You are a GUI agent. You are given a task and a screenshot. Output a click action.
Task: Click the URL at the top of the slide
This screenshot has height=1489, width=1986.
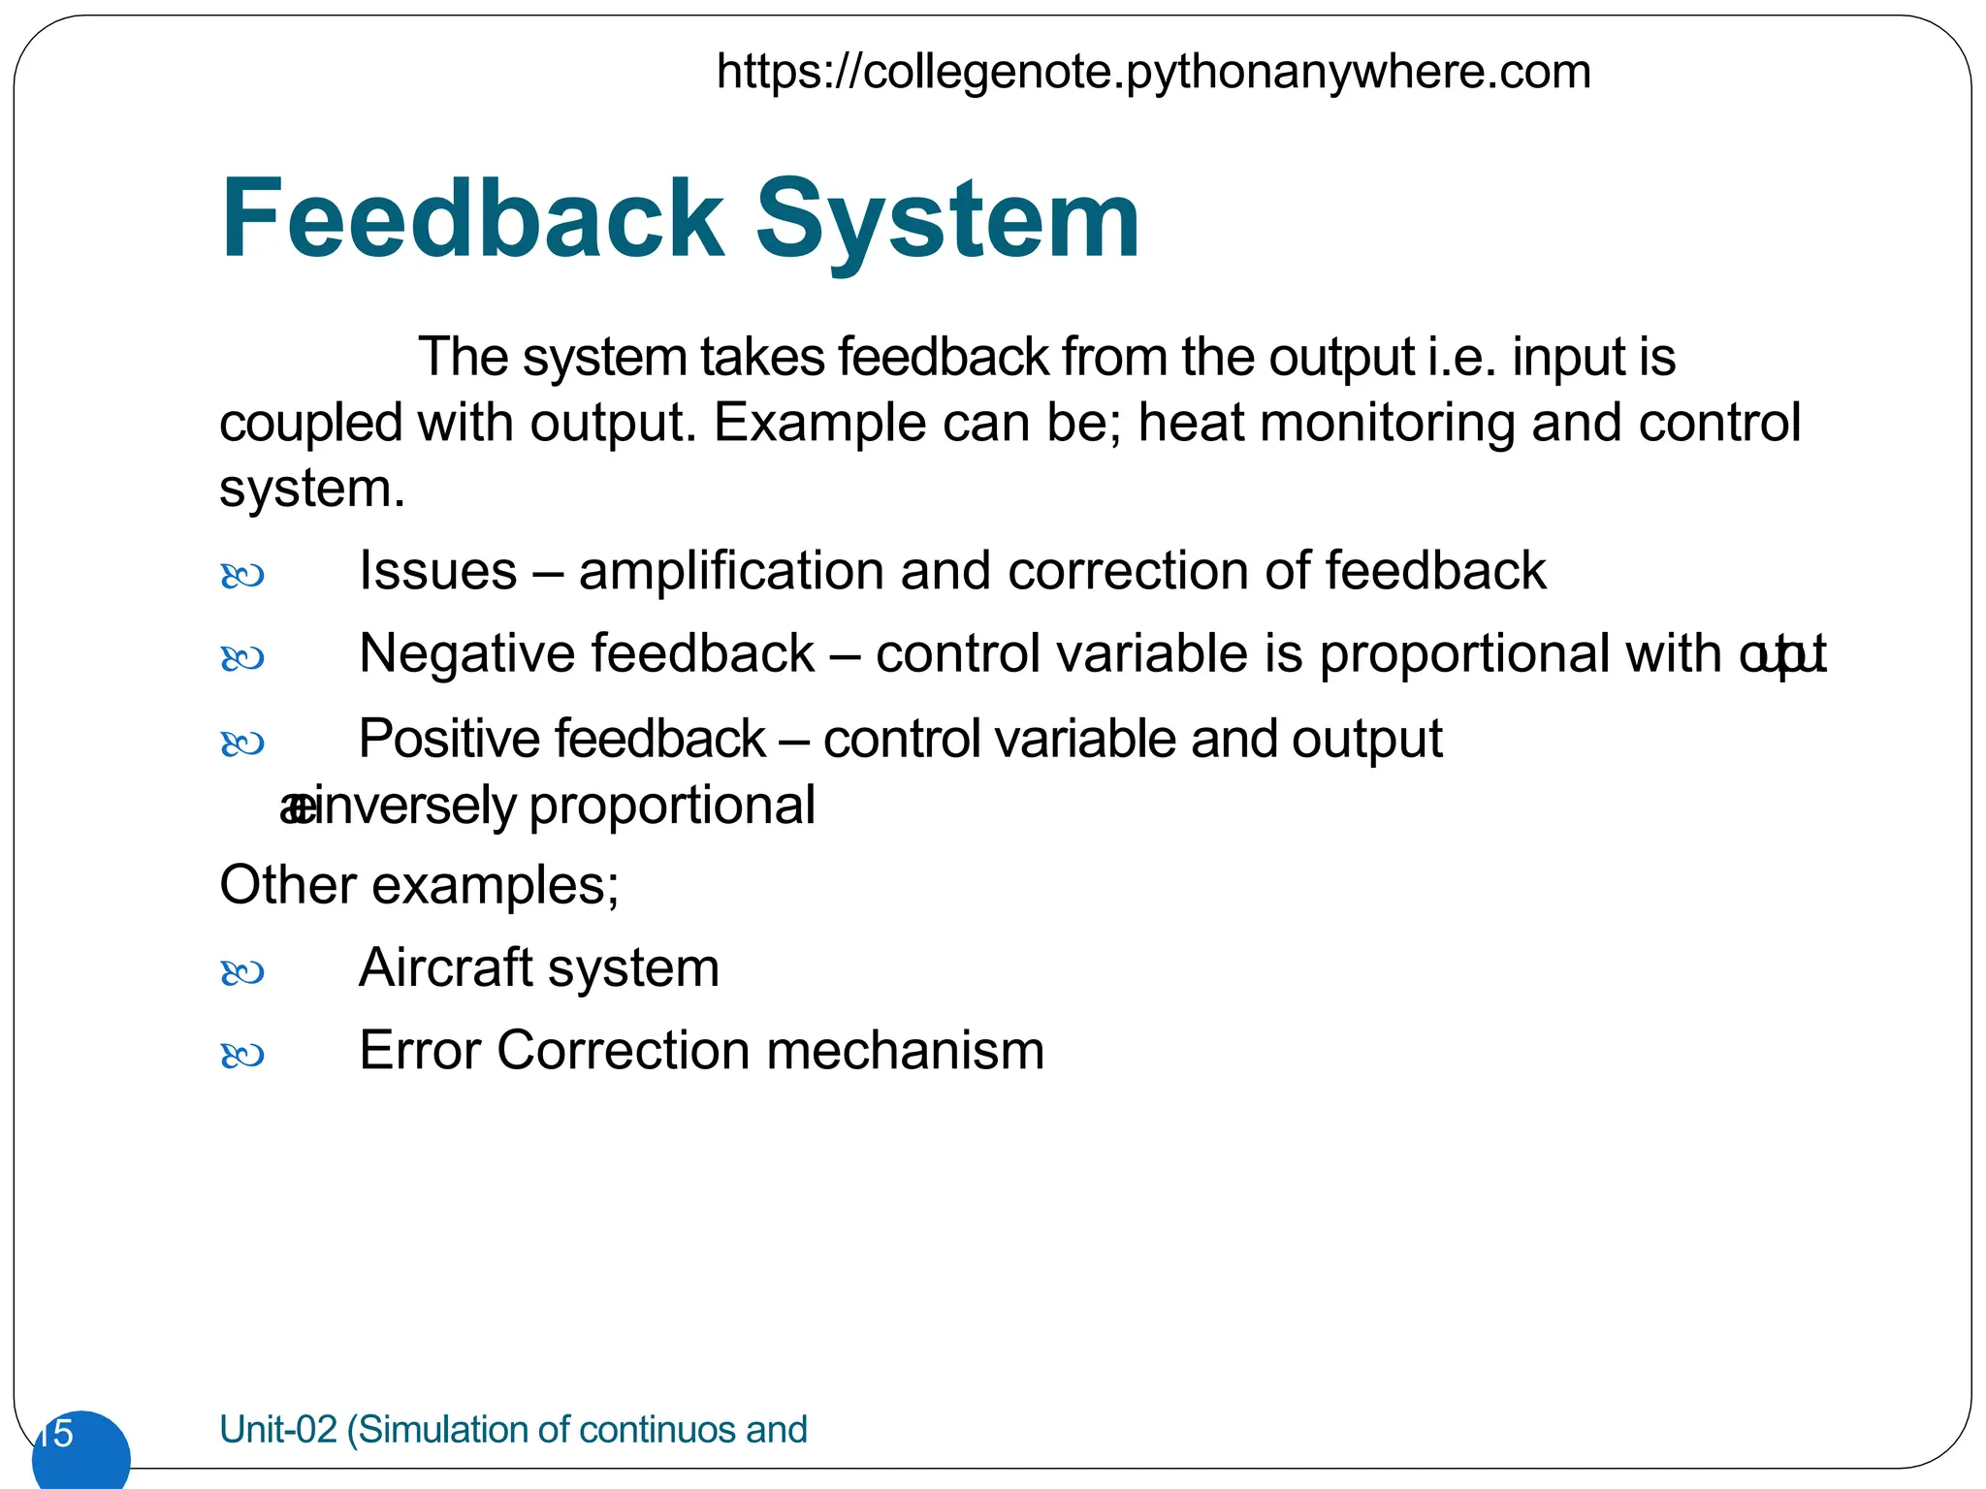[1153, 73]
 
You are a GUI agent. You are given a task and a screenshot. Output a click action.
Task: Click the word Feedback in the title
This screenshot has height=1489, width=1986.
[472, 220]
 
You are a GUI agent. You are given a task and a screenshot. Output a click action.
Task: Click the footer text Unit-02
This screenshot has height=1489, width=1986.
[278, 1430]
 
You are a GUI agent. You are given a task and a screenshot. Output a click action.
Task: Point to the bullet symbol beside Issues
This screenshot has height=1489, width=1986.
[242, 577]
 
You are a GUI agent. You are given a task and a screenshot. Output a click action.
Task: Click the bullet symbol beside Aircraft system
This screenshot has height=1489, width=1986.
[242, 972]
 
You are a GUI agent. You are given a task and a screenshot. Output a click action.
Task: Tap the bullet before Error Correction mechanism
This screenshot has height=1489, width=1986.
[242, 1056]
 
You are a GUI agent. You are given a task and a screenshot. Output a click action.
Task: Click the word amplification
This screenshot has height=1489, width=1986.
[731, 571]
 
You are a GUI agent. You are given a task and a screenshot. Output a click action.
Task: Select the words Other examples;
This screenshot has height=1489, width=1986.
[419, 885]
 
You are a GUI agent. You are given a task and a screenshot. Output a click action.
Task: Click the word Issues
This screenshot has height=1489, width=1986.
[437, 571]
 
